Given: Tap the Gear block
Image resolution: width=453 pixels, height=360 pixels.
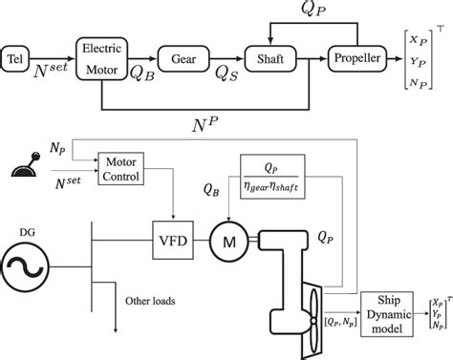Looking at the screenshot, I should [186, 59].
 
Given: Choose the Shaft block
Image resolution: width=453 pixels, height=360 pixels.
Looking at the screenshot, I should [268, 59].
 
